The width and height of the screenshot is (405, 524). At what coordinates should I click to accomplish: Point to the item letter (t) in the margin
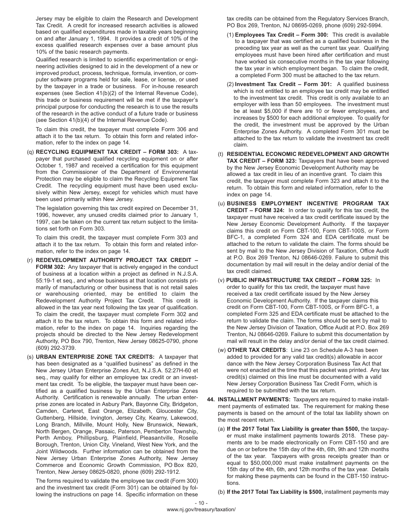pos(220,154)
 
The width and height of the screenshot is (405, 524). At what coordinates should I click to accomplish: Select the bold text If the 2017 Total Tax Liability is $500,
pos(275,492)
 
